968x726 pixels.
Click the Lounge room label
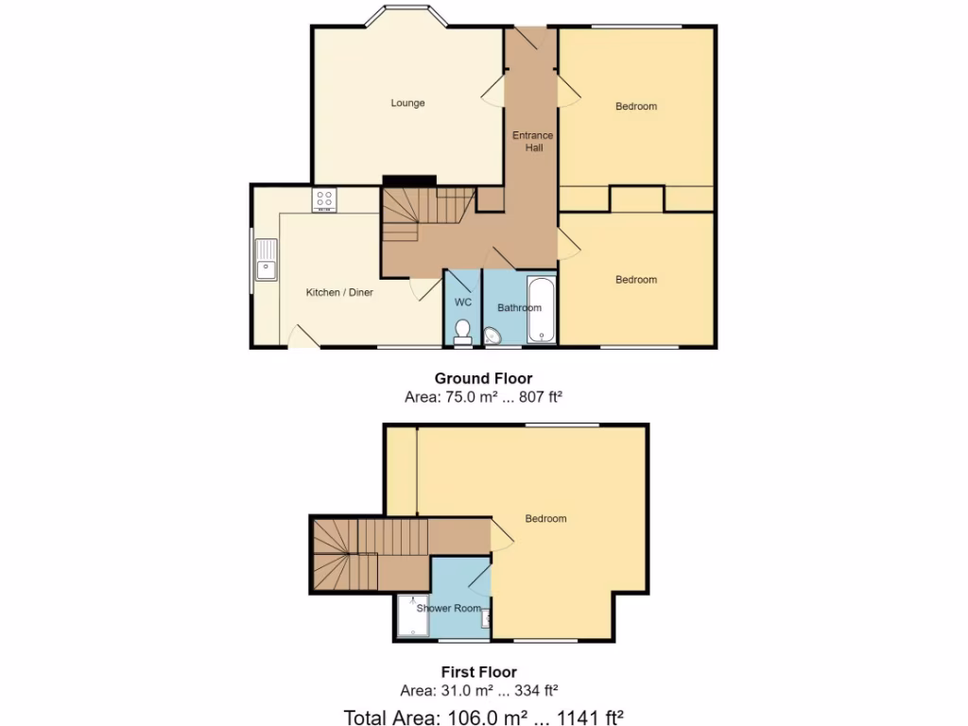click(x=408, y=103)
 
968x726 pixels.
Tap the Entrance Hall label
click(x=532, y=142)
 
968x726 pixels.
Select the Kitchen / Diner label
click(x=339, y=293)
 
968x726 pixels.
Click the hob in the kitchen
click(x=324, y=200)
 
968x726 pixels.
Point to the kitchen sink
click(x=266, y=260)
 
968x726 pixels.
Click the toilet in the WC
click(x=462, y=331)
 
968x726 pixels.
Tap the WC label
click(x=463, y=302)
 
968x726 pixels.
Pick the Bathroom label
click(x=519, y=308)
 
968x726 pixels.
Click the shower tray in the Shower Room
click(x=413, y=614)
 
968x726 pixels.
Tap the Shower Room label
click(x=449, y=609)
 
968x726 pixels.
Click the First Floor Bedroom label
click(x=545, y=519)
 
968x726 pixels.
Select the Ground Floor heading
click(x=483, y=379)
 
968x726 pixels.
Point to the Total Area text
click(x=483, y=717)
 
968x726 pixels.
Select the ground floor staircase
click(x=416, y=213)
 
